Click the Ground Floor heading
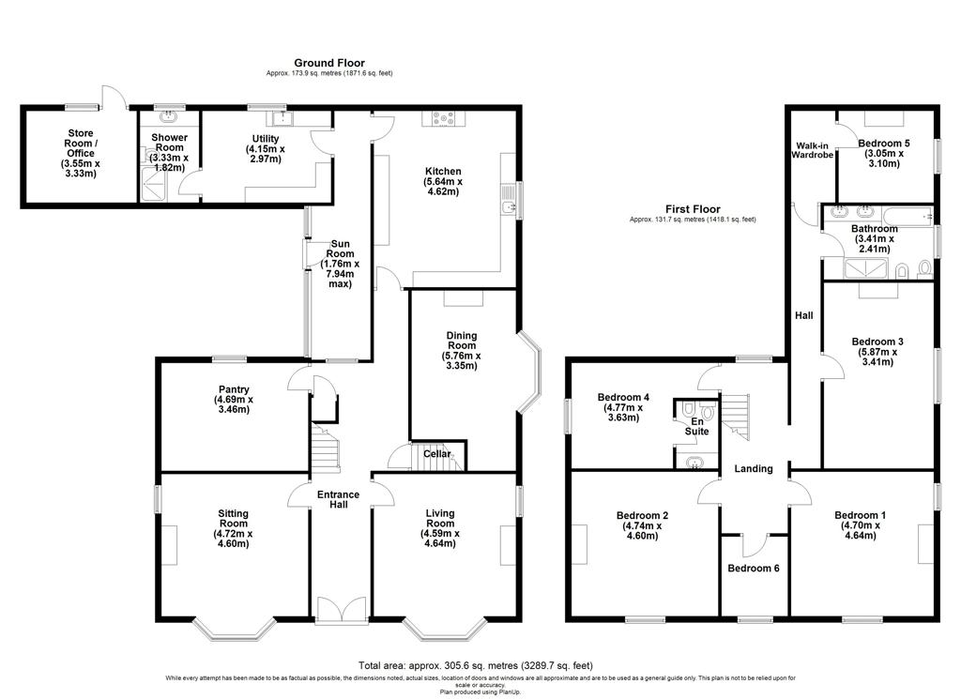(x=329, y=63)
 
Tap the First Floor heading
(x=693, y=209)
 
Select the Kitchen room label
(x=443, y=181)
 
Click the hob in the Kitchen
(x=443, y=118)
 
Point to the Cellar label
(x=437, y=454)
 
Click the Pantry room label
(x=234, y=400)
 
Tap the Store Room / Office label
(x=81, y=153)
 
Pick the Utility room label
(x=266, y=149)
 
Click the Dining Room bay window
(x=529, y=372)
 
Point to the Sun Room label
(x=340, y=264)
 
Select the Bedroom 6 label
(x=754, y=569)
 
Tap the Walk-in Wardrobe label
(x=812, y=150)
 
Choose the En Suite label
(x=697, y=426)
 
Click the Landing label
(x=754, y=468)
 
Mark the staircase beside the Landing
(x=734, y=417)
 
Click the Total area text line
(x=476, y=665)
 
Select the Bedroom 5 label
(x=884, y=153)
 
